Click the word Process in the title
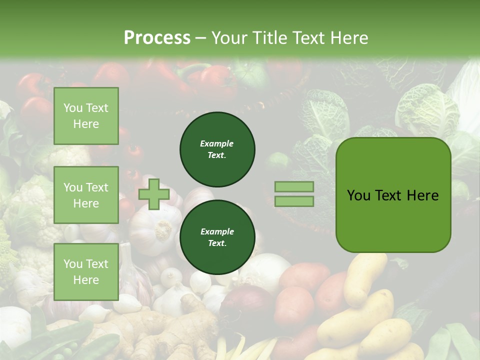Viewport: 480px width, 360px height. pos(157,38)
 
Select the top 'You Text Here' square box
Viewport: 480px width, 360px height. pos(86,116)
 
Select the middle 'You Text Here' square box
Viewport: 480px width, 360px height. pos(86,195)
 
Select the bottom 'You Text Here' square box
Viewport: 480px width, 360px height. pos(86,272)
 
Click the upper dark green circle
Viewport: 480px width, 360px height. pos(217,149)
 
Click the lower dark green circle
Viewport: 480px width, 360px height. pos(217,237)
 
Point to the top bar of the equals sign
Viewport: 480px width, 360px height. pos(294,187)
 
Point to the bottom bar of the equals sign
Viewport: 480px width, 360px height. pos(294,201)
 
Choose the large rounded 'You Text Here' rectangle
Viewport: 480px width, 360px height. pos(393,195)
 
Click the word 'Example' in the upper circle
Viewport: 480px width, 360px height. pos(217,143)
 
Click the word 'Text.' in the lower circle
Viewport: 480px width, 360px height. pos(217,243)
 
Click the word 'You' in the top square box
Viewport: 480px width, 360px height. pos(73,108)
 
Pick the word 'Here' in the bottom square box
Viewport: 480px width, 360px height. pos(86,280)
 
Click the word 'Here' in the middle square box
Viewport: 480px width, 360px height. pos(86,203)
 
